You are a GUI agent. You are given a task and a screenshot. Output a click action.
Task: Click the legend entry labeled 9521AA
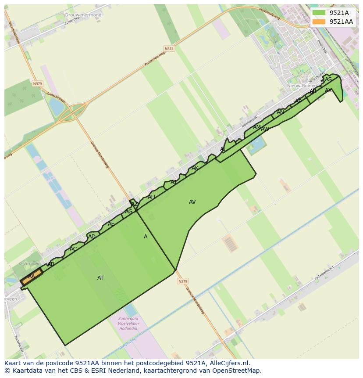[x=341, y=22]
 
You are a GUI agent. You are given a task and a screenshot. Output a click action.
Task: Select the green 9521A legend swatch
[x=319, y=13]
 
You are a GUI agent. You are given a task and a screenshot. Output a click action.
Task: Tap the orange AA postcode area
[x=31, y=277]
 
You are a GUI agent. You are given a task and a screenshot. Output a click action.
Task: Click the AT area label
[x=100, y=278]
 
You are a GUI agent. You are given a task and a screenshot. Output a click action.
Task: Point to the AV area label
[x=192, y=202]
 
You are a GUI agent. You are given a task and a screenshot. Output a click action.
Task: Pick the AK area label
[x=195, y=168]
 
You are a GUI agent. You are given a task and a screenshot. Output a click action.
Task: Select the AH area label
[x=151, y=197]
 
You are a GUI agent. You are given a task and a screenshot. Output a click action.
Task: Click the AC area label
[x=73, y=249]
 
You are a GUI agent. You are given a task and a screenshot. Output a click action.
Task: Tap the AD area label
[x=92, y=237]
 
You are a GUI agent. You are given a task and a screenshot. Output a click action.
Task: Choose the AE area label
[x=111, y=224]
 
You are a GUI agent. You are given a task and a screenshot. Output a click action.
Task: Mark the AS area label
[x=328, y=79]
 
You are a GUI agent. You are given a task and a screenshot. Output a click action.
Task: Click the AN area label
[x=280, y=112]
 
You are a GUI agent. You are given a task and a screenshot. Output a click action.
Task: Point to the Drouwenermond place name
[x=83, y=15]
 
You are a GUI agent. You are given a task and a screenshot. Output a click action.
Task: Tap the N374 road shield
[x=169, y=49]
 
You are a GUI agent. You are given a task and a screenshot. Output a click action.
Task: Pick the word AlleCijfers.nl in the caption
[x=228, y=363]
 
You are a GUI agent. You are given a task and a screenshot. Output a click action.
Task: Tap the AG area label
[x=128, y=212]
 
